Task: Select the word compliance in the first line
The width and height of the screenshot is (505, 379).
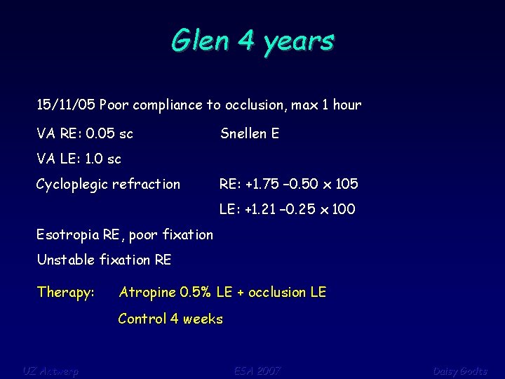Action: click(168, 105)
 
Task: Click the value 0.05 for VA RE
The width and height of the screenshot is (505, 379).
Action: click(100, 133)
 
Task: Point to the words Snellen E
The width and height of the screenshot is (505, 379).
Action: click(250, 133)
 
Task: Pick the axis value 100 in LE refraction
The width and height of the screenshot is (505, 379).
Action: click(343, 209)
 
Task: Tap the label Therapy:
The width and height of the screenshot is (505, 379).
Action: click(66, 292)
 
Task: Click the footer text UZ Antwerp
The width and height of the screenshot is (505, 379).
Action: click(50, 370)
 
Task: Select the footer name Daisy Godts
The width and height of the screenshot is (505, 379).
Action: click(459, 370)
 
